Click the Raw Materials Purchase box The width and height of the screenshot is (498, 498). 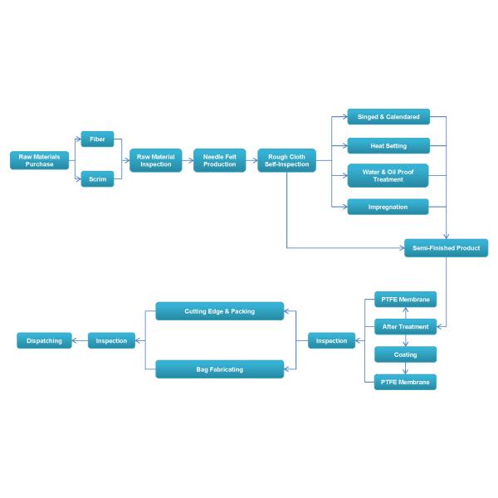click(x=34, y=160)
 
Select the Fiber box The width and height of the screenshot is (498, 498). click(x=97, y=139)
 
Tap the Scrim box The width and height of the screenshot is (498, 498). click(x=97, y=179)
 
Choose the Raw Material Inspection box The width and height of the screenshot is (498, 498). click(x=155, y=160)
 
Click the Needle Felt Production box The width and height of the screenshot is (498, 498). click(x=220, y=160)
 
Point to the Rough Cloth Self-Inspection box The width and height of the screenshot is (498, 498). click(x=286, y=160)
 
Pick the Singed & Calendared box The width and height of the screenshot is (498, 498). click(x=388, y=116)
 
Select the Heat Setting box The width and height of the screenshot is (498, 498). click(x=388, y=146)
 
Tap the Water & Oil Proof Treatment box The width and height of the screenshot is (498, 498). click(x=388, y=175)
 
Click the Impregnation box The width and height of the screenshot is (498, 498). click(x=388, y=207)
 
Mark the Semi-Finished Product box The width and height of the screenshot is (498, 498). click(x=446, y=248)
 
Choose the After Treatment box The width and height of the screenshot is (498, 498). click(x=405, y=327)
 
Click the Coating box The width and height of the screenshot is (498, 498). click(x=405, y=354)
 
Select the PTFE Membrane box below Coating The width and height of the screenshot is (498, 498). click(x=405, y=382)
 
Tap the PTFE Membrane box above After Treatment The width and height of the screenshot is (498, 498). click(x=405, y=299)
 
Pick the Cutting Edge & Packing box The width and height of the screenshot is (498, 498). click(x=220, y=311)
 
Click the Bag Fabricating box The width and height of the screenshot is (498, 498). click(x=220, y=369)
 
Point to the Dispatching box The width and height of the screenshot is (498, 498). click(x=44, y=340)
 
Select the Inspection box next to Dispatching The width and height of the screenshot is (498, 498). click(x=112, y=340)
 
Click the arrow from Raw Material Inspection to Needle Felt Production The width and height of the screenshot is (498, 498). click(x=188, y=160)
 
